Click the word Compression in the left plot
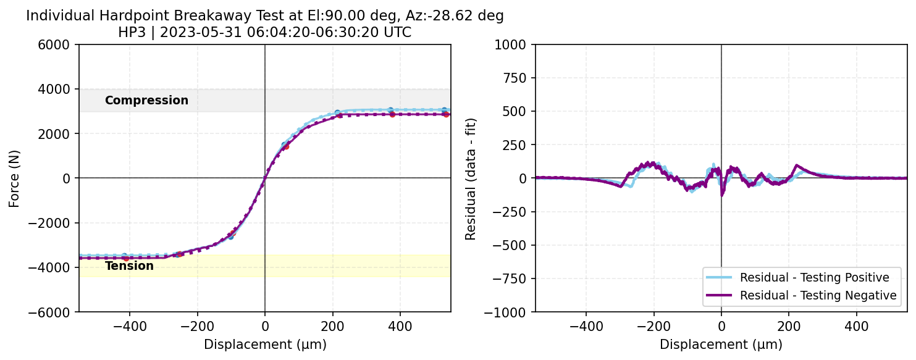point(146,101)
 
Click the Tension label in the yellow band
point(129,266)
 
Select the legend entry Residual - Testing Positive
point(814,277)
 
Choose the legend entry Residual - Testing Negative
point(818,296)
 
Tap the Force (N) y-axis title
point(14,178)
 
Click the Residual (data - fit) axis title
point(471,178)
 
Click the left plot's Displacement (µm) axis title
point(265,345)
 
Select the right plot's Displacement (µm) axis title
point(721,345)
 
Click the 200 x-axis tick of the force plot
point(332,325)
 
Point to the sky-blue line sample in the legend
point(719,277)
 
